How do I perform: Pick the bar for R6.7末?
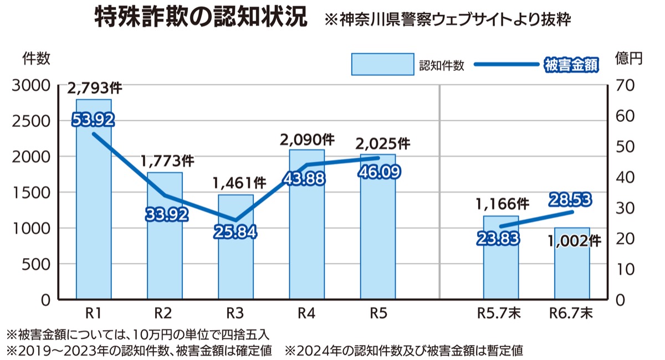coord(572,266)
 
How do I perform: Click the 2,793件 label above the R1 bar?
coord(95,89)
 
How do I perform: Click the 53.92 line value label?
coord(93,119)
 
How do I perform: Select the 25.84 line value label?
coord(236,232)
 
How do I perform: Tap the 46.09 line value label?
coord(378,172)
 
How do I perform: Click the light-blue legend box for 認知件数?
coord(382,64)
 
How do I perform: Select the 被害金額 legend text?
coord(571,64)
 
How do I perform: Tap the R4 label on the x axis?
coord(306,313)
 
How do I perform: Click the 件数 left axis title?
coord(37,57)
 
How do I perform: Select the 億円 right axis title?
coord(629,57)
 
